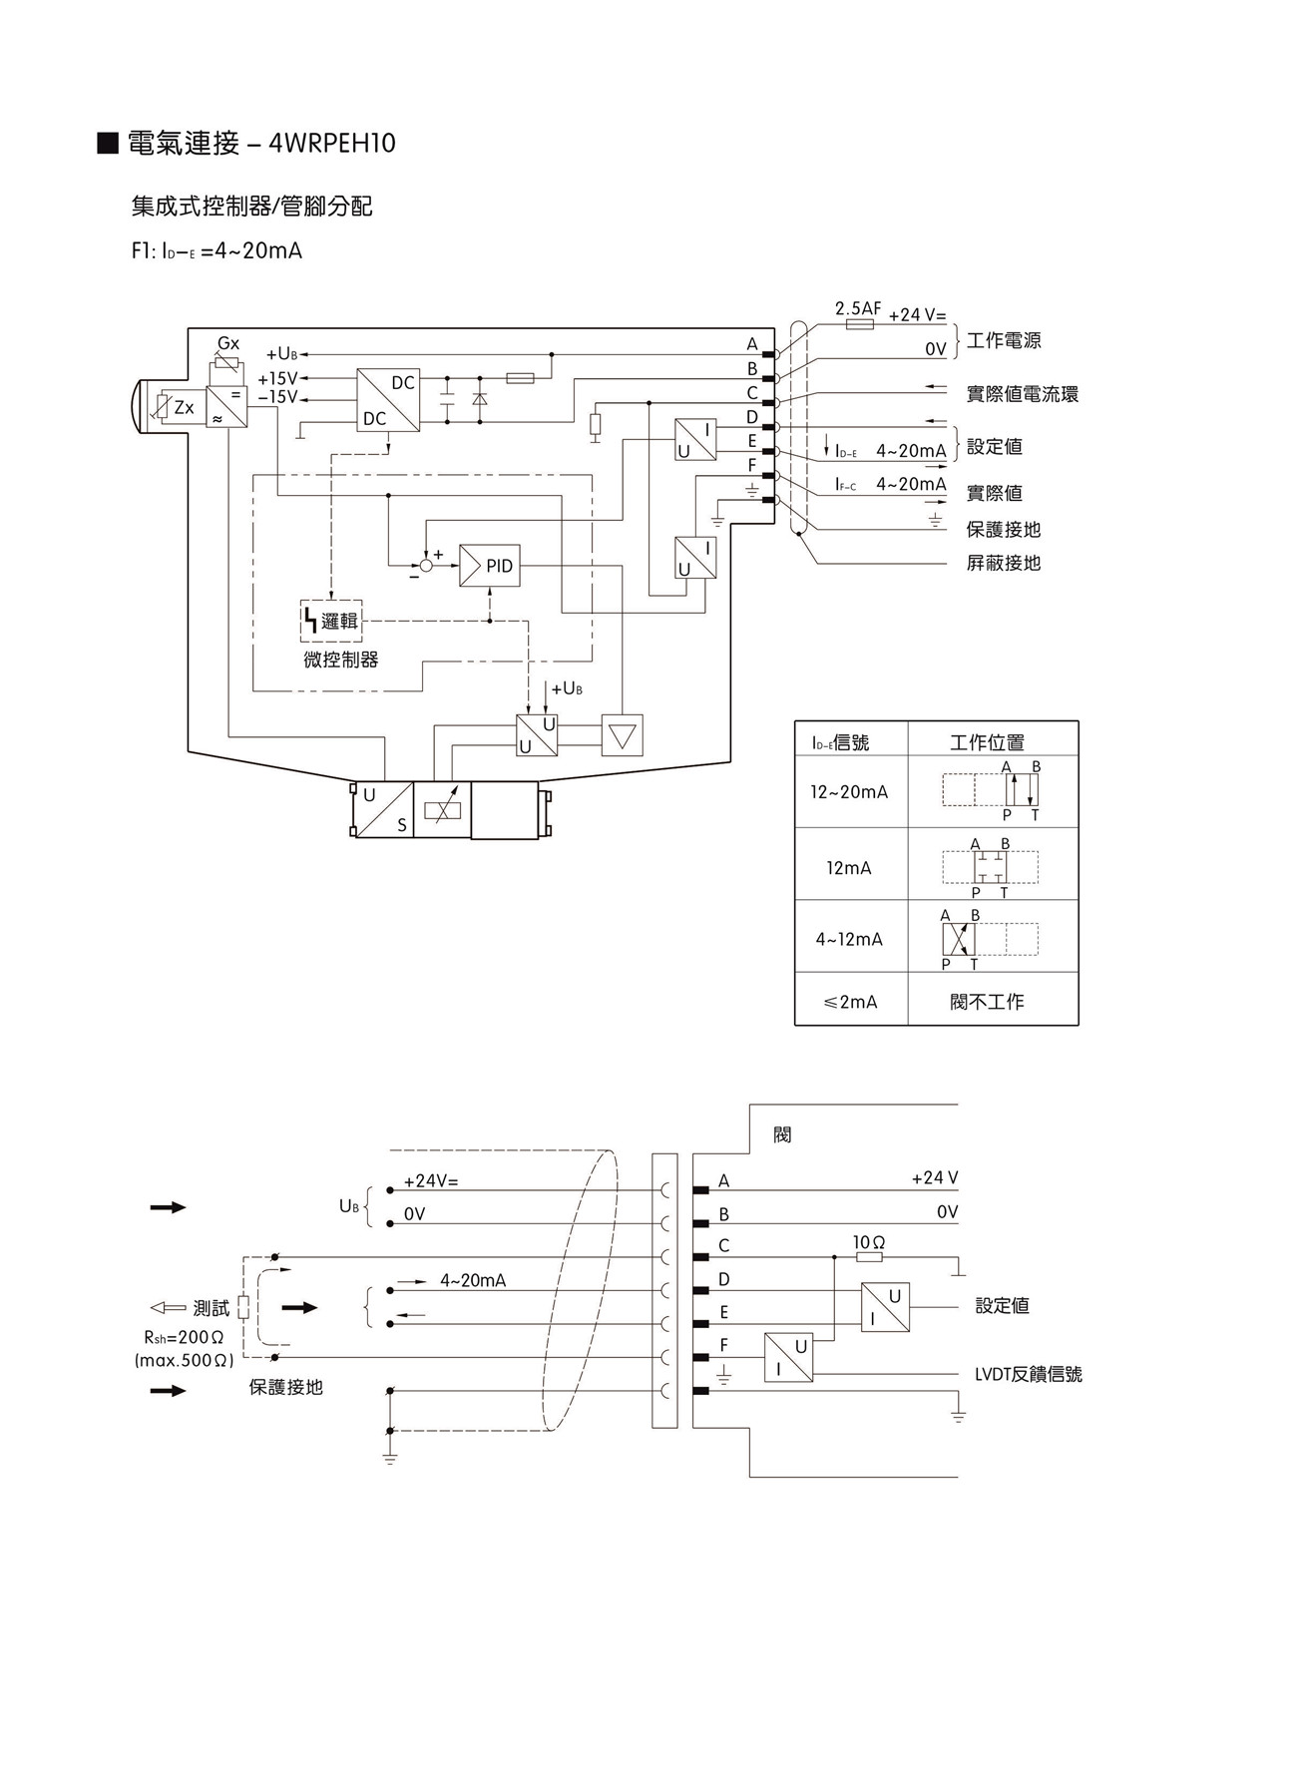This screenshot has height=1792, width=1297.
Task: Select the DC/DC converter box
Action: point(388,400)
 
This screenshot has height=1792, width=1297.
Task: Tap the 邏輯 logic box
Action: point(331,621)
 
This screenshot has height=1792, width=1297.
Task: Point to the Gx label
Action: point(228,343)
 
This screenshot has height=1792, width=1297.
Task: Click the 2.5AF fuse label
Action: point(858,308)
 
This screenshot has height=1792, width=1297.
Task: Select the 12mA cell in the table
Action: point(849,867)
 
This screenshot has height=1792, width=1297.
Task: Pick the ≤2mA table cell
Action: point(850,1001)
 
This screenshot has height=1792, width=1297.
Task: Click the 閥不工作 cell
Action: point(987,1001)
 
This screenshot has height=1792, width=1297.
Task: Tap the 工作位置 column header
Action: point(987,741)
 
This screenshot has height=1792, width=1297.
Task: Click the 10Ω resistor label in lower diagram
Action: point(869,1242)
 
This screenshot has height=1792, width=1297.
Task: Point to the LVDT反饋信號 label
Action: point(1028,1374)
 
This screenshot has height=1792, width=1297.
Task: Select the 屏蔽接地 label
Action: point(1003,563)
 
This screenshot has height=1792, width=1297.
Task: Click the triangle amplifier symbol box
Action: point(623,735)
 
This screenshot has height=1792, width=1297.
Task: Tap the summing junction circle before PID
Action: point(427,566)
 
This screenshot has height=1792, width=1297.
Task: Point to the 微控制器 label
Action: point(341,660)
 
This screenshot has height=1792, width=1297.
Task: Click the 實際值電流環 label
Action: point(1022,394)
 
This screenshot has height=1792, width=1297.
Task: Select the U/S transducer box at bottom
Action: point(384,809)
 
